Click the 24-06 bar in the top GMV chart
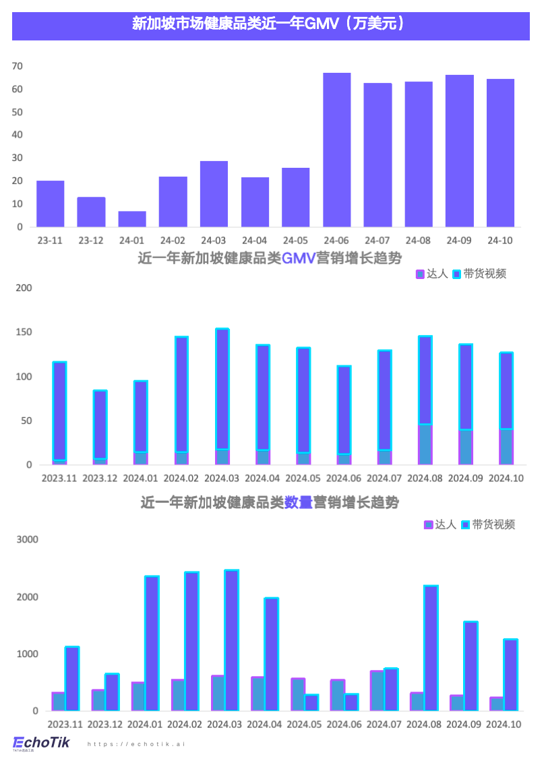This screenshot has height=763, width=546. pyautogui.click(x=337, y=150)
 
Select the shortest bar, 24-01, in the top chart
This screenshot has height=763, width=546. pyautogui.click(x=132, y=219)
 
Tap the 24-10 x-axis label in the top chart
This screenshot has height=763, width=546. pyautogui.click(x=500, y=241)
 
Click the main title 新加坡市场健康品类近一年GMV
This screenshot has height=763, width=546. pyautogui.click(x=270, y=24)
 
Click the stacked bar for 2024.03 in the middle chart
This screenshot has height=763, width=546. pyautogui.click(x=222, y=396)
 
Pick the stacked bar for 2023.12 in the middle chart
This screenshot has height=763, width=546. pyautogui.click(x=100, y=427)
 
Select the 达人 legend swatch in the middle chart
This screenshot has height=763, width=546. pyautogui.click(x=420, y=274)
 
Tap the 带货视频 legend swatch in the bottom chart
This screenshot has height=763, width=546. pyautogui.click(x=465, y=524)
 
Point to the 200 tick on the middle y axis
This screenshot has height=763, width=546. pyautogui.click(x=24, y=288)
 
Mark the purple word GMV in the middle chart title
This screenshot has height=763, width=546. pyautogui.click(x=299, y=258)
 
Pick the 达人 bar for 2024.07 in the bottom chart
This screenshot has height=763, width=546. pyautogui.click(x=377, y=690)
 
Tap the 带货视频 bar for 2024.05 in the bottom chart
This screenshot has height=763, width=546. pyautogui.click(x=311, y=702)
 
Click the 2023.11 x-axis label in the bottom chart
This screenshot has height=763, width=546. pyautogui.click(x=65, y=725)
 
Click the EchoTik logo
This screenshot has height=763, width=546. pyautogui.click(x=41, y=743)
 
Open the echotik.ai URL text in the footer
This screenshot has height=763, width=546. pyautogui.click(x=136, y=744)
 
